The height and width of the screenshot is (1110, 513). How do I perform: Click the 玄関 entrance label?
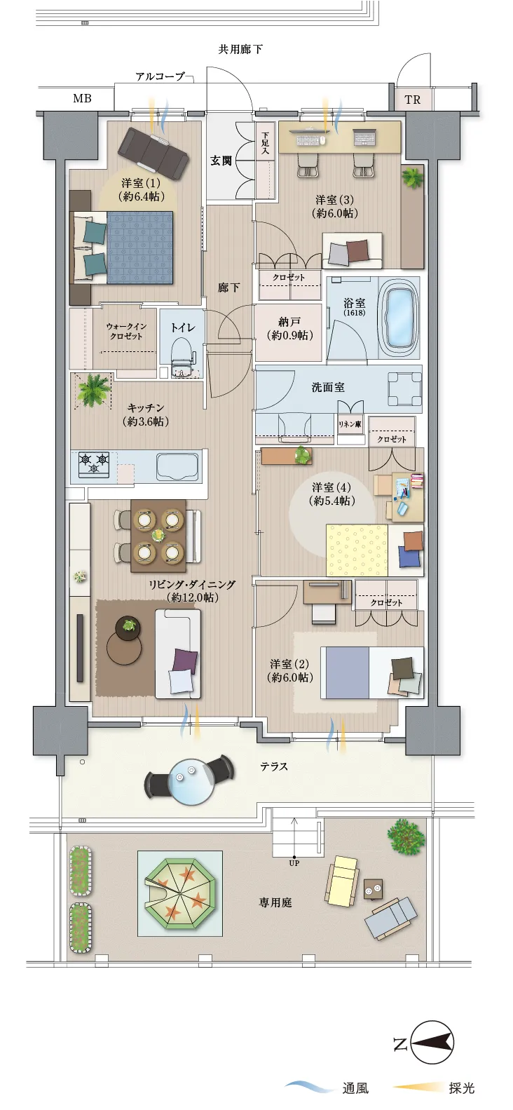click(x=221, y=161)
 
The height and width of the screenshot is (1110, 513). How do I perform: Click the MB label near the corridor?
click(x=82, y=99)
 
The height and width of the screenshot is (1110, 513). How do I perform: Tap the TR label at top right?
click(x=413, y=100)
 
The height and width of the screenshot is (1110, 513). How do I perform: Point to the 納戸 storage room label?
click(x=289, y=329)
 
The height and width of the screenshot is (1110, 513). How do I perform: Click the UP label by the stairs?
click(x=294, y=862)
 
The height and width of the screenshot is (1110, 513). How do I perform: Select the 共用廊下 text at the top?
click(x=240, y=49)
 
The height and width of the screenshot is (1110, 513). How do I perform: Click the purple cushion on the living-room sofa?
click(x=185, y=661)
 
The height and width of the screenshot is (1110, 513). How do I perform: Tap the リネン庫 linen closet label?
click(x=350, y=424)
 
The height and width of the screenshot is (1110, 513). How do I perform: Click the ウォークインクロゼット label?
click(x=126, y=331)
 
